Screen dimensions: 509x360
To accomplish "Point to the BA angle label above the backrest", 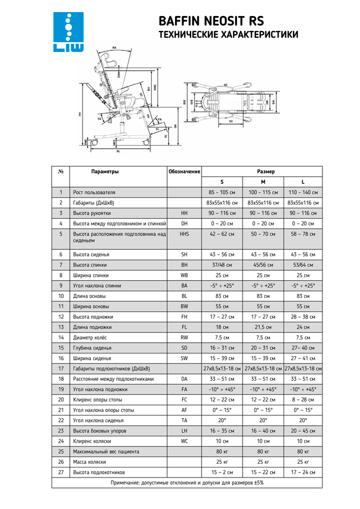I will (115, 49).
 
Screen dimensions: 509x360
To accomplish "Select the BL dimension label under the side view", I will (118, 150).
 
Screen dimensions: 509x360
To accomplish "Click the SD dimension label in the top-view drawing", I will (230, 121).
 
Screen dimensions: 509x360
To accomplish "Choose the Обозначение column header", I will (184, 172).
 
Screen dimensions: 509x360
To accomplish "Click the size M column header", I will (263, 182).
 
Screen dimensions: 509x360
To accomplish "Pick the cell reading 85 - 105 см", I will (222, 192).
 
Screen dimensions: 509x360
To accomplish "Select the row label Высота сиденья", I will (91, 254).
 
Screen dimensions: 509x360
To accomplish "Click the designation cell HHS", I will (184, 234).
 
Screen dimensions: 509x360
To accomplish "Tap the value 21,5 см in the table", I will (263, 327).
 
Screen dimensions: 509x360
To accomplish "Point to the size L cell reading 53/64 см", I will (303, 265).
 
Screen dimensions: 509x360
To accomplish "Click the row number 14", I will (60, 337).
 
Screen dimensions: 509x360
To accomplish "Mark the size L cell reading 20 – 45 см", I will (303, 430).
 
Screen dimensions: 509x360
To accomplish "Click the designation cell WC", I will (184, 441).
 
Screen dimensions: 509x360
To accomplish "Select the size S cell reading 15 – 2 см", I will (222, 472).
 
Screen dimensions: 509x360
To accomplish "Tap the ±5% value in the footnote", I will (256, 482).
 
